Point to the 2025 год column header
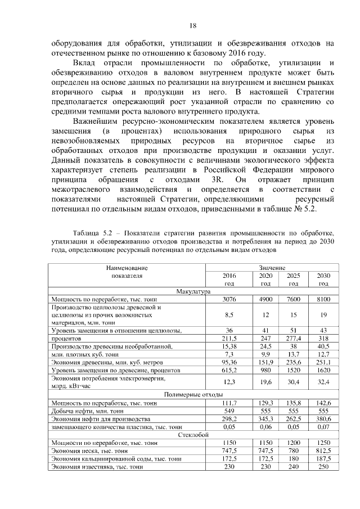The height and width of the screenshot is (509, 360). pyautogui.click(x=293, y=279)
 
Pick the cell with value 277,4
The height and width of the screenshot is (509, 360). pyautogui.click(x=293, y=339)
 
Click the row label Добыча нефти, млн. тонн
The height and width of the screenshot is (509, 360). pyautogui.click(x=90, y=411)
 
